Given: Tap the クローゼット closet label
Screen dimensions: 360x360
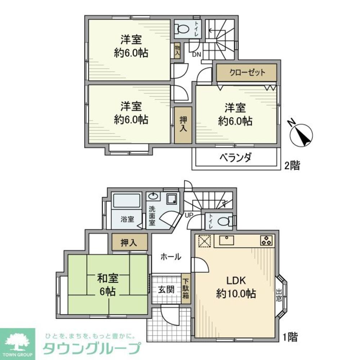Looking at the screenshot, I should [x=247, y=73].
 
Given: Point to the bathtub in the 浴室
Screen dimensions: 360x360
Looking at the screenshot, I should [x=126, y=202].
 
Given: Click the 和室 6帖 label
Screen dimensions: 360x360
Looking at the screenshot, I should [x=108, y=284].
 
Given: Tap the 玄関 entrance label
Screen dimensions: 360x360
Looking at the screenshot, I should [x=166, y=289].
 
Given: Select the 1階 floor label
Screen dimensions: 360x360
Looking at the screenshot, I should [x=290, y=337].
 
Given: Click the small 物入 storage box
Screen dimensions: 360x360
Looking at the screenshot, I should [x=177, y=50].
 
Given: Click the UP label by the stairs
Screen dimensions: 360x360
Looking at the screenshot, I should [x=189, y=215].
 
